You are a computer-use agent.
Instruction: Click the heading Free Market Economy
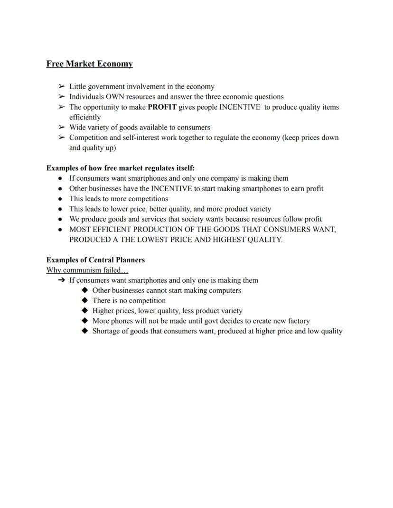89,64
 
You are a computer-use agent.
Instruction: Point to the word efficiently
85,117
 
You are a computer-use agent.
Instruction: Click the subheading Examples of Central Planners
95,260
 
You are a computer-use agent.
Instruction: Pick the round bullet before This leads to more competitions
60,199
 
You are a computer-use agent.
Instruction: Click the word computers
225,290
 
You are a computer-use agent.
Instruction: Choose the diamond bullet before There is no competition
84,301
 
